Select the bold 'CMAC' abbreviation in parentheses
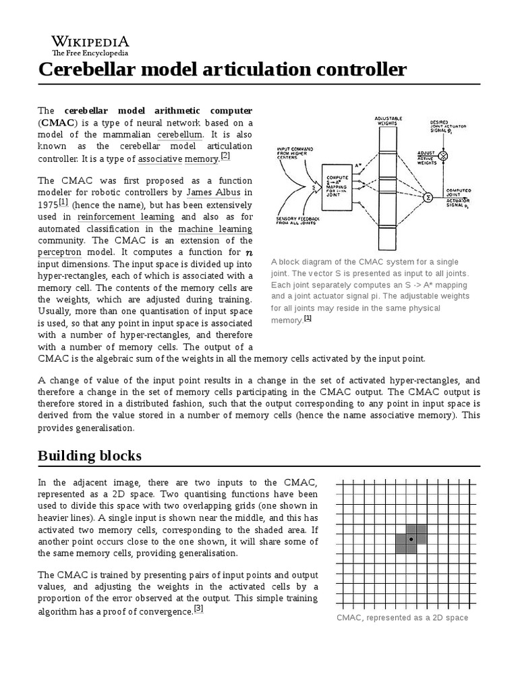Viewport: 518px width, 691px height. click(59, 123)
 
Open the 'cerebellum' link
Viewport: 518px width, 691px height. click(179, 135)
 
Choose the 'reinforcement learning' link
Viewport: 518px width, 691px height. click(125, 217)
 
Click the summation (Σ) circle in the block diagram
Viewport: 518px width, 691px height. click(427, 196)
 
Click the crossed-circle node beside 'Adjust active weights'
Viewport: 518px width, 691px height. click(443, 156)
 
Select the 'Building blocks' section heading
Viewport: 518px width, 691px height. click(89, 455)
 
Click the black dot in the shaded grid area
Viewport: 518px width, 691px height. click(411, 539)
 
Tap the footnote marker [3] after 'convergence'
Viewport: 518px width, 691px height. click(198, 609)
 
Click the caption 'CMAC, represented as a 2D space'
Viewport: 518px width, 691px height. click(402, 618)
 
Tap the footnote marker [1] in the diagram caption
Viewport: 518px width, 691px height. click(308, 319)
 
